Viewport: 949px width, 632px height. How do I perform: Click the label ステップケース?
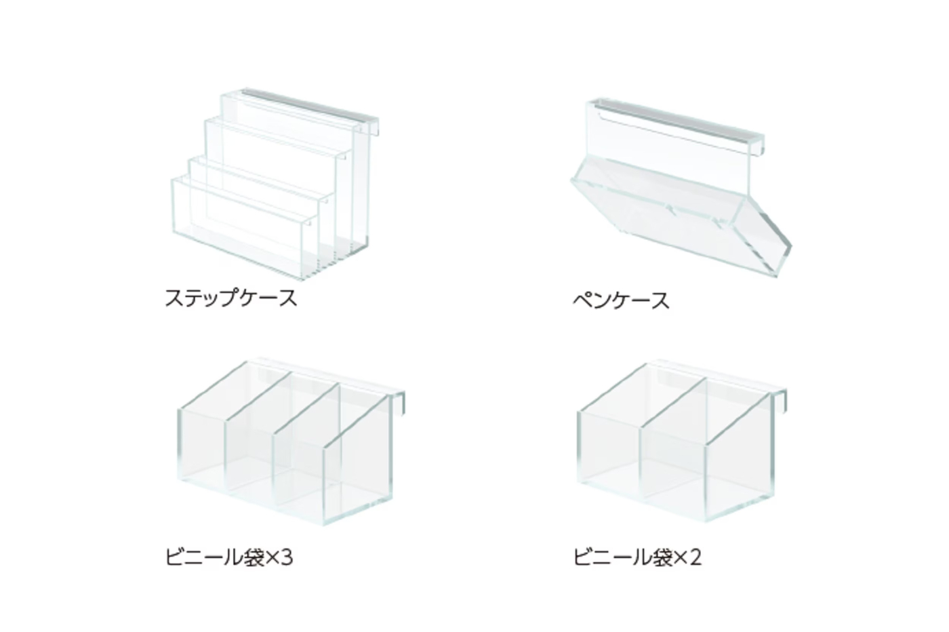(x=230, y=298)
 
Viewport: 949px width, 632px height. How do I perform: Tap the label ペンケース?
(x=620, y=300)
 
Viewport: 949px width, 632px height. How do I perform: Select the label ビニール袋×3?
(x=228, y=557)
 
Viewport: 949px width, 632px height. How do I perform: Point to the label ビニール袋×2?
(x=637, y=557)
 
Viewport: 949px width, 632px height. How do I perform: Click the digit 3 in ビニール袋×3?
(x=286, y=557)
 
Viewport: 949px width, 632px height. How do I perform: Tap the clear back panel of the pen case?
(x=671, y=153)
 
